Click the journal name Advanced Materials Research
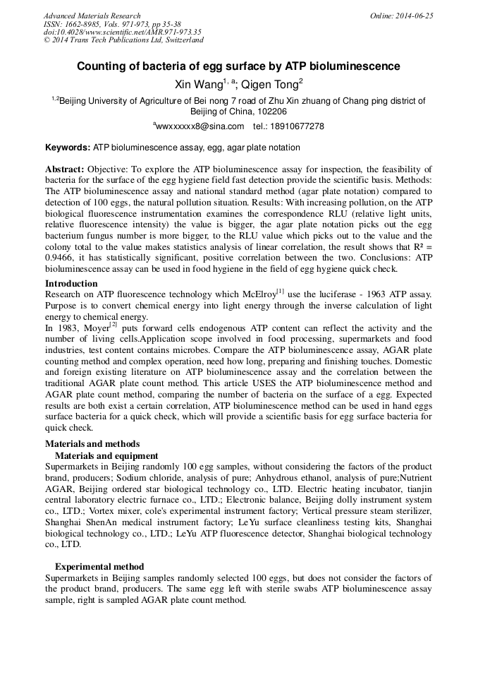(92, 16)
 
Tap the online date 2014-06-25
(414, 16)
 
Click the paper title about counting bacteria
(238, 67)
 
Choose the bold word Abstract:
(65, 169)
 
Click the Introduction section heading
(71, 284)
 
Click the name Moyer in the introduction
(93, 328)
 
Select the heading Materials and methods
(92, 444)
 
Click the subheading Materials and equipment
(106, 455)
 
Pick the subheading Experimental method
(99, 566)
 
